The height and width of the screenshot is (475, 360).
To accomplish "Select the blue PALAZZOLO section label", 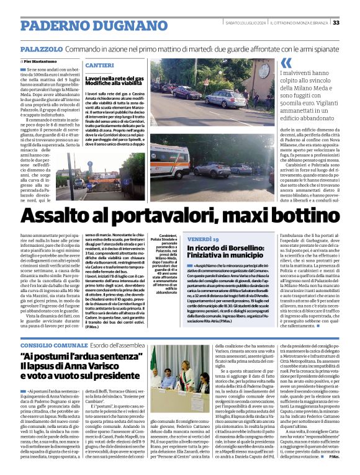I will coord(41,48).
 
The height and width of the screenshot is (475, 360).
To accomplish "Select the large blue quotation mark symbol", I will coord(286,63).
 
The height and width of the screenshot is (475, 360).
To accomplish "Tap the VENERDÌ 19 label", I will coord(203,239).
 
